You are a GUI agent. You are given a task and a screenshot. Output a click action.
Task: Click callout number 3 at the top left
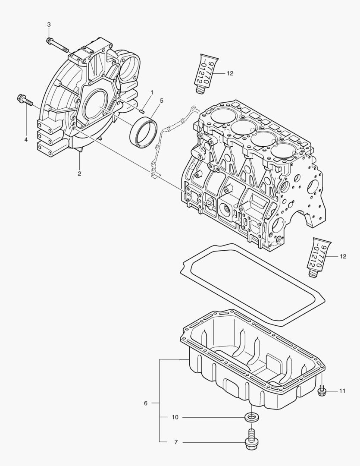pyautogui.click(x=49, y=25)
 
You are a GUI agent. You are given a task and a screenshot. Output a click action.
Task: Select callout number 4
pyautogui.click(x=26, y=140)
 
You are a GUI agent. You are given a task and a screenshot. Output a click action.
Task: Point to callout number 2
pyautogui.click(x=79, y=174)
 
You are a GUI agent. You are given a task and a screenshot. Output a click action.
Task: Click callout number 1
pyautogui.click(x=151, y=92)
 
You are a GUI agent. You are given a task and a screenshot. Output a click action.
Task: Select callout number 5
pyautogui.click(x=161, y=101)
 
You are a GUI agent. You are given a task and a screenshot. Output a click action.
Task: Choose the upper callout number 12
pyautogui.click(x=230, y=74)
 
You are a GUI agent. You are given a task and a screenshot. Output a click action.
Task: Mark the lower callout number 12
pyautogui.click(x=343, y=257)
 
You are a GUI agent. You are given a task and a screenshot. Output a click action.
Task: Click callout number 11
pyautogui.click(x=342, y=391)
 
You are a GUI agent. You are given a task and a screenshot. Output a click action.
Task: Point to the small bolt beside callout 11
pyautogui.click(x=321, y=391)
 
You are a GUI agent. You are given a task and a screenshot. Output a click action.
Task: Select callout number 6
pyautogui.click(x=146, y=403)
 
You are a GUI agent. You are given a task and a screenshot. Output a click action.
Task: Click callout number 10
pyautogui.click(x=175, y=417)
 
